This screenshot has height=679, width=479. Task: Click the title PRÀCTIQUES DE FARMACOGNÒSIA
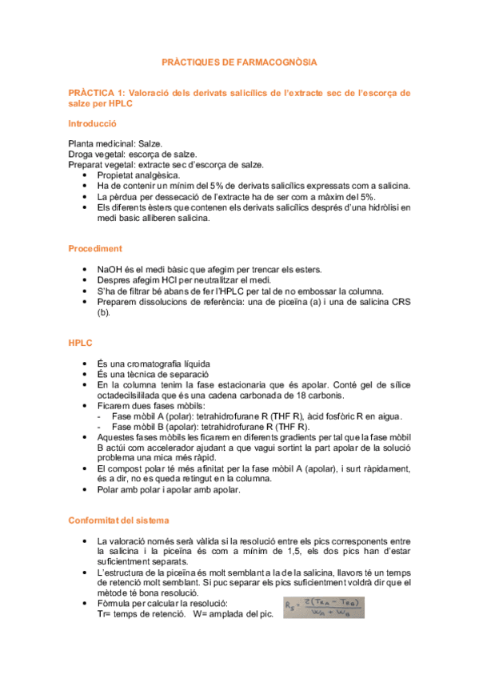coord(239,62)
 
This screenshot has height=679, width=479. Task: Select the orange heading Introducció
coord(92,124)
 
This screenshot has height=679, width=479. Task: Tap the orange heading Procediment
coord(94,248)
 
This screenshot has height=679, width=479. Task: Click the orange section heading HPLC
coord(81,343)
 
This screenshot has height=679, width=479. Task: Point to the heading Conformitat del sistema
coord(118,498)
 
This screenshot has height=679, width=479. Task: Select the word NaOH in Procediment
coord(110,270)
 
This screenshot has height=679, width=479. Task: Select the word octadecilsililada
coord(134,395)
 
